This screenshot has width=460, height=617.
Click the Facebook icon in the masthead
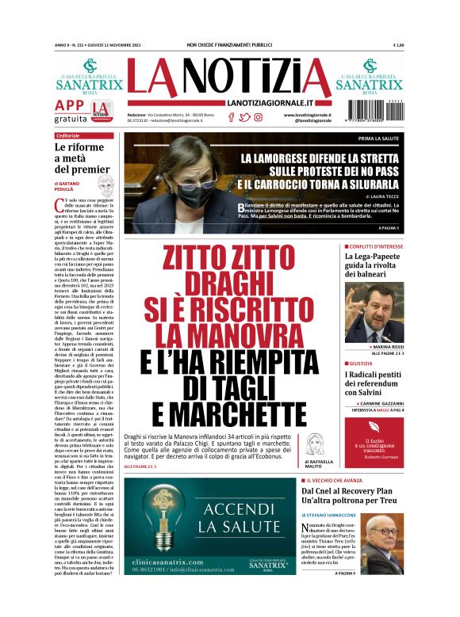coord(232,117)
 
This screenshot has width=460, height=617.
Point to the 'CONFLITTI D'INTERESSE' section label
coord(378,246)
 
